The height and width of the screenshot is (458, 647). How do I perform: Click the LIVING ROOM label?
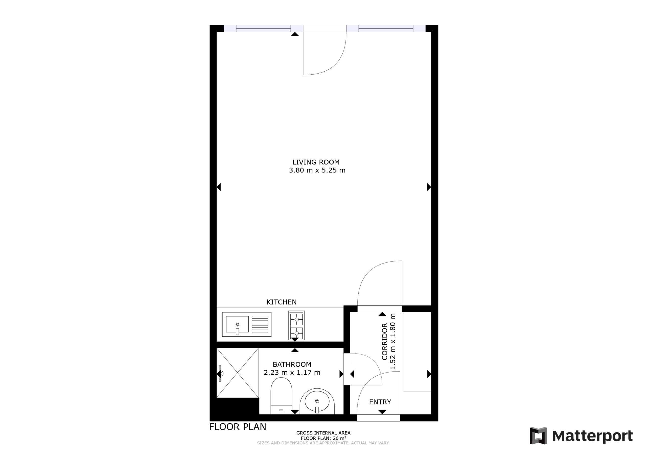pos(316,162)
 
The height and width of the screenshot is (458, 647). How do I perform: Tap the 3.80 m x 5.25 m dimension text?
pos(317,170)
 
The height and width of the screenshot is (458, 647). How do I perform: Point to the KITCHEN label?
pos(282,302)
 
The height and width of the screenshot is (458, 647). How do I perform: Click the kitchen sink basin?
pos(237,324)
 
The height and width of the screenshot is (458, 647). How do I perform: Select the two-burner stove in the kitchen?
pos(296,325)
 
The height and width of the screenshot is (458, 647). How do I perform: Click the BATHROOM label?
pos(292,364)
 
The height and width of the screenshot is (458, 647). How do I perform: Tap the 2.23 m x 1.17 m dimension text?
pos(292,373)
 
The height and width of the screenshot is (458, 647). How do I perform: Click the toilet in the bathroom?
pos(281,396)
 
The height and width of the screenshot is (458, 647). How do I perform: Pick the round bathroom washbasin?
pos(317,401)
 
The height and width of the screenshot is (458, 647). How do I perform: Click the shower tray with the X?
pos(238,373)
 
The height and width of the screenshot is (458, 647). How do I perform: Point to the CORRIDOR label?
pos(385,341)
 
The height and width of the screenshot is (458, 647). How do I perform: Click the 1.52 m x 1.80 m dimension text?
pos(393,341)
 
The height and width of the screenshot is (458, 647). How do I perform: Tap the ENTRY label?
pos(380,402)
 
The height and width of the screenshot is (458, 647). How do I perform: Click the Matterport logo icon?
pos(538,436)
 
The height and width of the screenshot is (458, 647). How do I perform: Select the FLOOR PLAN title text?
pos(238,427)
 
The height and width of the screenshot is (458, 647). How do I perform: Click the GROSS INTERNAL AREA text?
pos(323,433)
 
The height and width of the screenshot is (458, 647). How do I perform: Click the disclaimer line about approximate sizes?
pos(323,443)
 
